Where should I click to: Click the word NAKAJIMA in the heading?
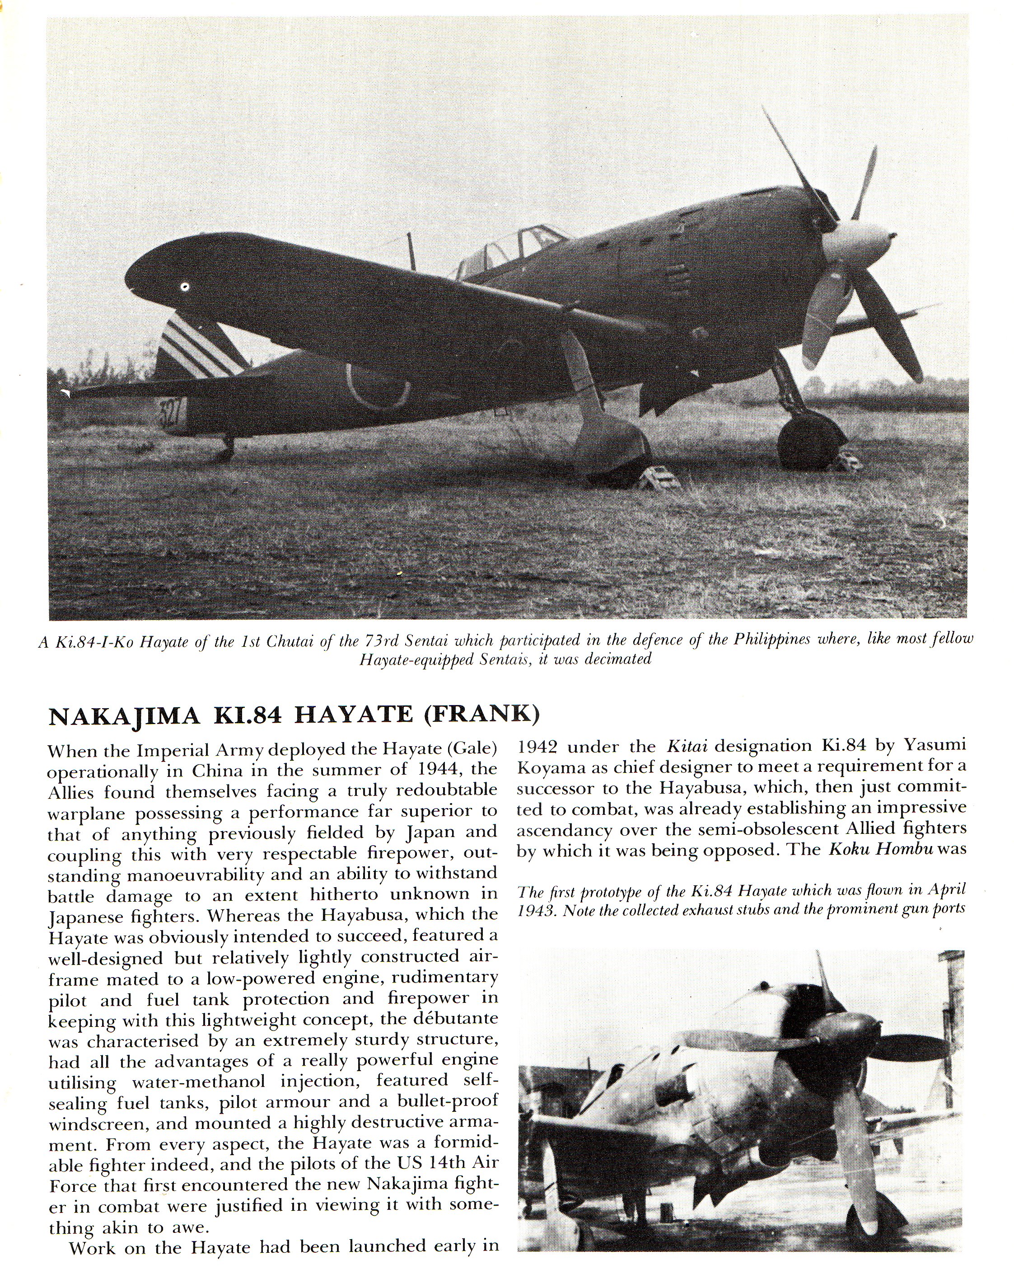(x=123, y=715)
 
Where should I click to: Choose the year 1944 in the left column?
(x=442, y=769)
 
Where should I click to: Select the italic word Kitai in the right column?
(x=686, y=746)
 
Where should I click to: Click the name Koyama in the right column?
(x=546, y=766)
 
